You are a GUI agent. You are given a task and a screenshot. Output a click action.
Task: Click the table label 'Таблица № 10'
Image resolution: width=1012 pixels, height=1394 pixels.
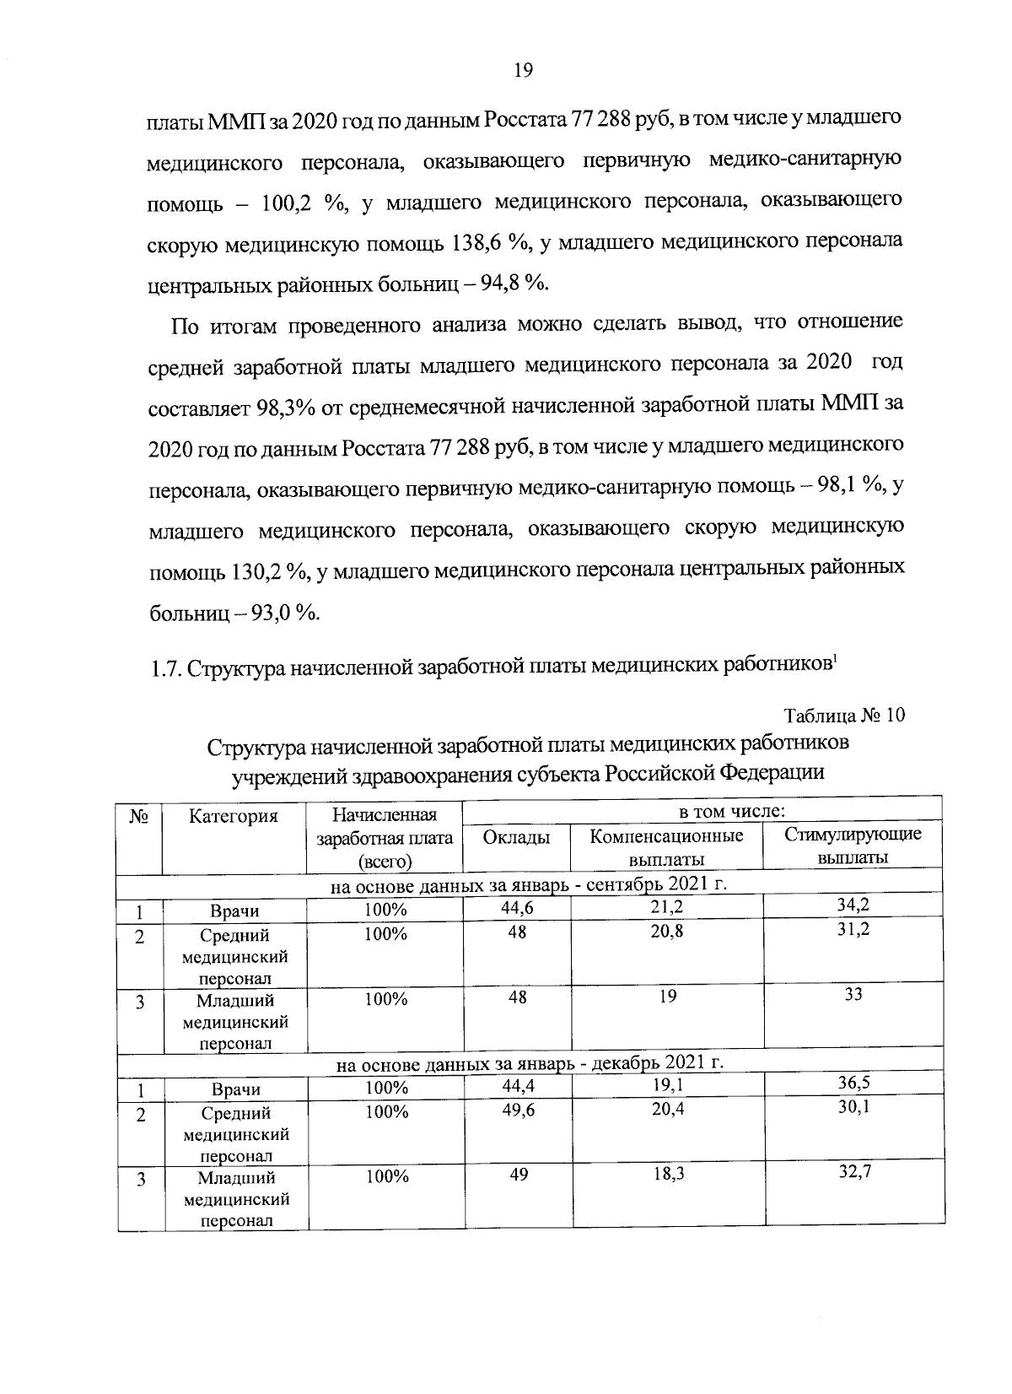point(845,716)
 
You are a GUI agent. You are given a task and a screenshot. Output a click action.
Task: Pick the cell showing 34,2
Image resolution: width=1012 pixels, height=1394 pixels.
point(853,906)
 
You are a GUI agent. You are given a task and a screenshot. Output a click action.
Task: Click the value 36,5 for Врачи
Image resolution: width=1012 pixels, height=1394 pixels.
point(853,1083)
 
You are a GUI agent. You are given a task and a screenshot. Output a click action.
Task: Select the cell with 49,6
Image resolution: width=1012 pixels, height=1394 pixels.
point(517,1109)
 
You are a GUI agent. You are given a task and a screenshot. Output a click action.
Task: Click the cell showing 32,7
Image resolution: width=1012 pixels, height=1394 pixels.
point(853,1173)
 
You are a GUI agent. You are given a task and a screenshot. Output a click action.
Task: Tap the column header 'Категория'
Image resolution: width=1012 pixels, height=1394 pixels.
point(234,816)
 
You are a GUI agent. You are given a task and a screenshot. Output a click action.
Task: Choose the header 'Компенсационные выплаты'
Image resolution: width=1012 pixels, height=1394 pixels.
point(666,847)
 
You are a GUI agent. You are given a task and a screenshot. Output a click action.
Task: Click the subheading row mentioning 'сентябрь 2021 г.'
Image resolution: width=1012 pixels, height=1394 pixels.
point(528,885)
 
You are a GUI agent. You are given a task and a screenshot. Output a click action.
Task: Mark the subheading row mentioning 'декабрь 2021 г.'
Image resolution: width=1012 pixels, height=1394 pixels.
point(530,1062)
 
